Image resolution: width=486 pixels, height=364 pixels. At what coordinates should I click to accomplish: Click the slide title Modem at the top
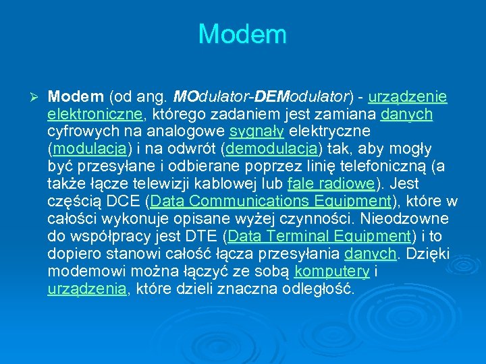[242, 34]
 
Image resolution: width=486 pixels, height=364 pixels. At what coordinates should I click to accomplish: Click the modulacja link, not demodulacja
[90, 149]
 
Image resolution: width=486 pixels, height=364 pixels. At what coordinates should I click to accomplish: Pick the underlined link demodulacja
[274, 149]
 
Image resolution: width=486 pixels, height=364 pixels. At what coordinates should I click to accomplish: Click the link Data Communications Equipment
[271, 202]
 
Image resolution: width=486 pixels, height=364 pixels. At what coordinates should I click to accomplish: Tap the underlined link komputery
[332, 272]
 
